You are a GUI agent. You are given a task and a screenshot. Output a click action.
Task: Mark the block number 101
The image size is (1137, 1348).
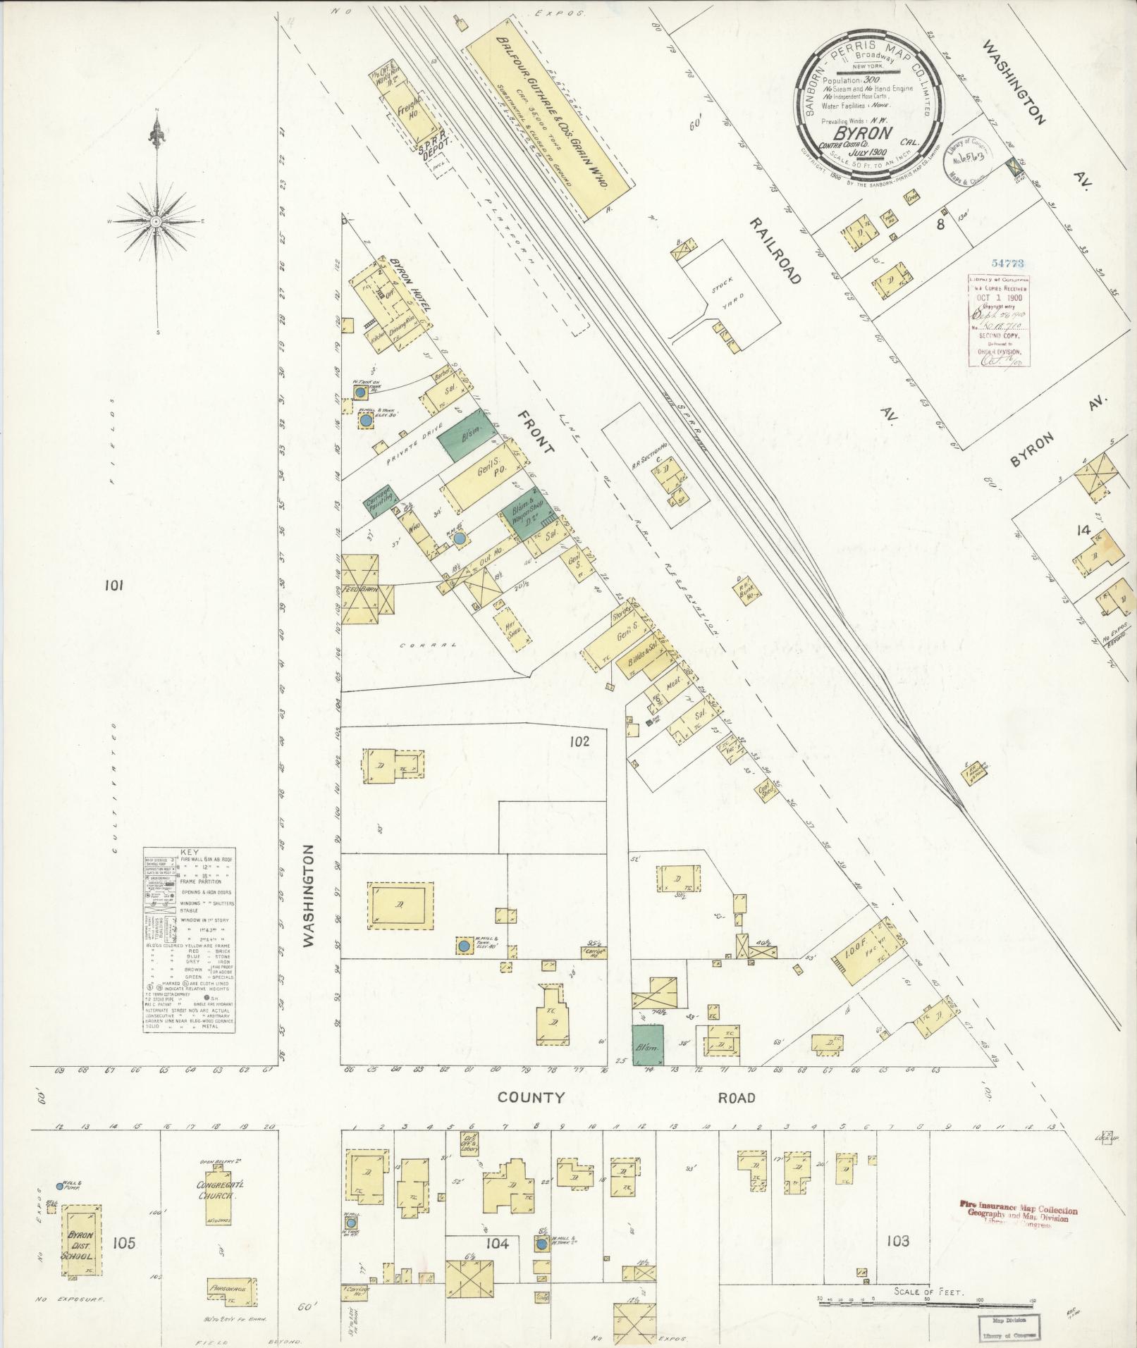click(x=114, y=584)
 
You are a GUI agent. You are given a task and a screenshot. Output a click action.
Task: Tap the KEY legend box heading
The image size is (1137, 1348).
click(x=190, y=851)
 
